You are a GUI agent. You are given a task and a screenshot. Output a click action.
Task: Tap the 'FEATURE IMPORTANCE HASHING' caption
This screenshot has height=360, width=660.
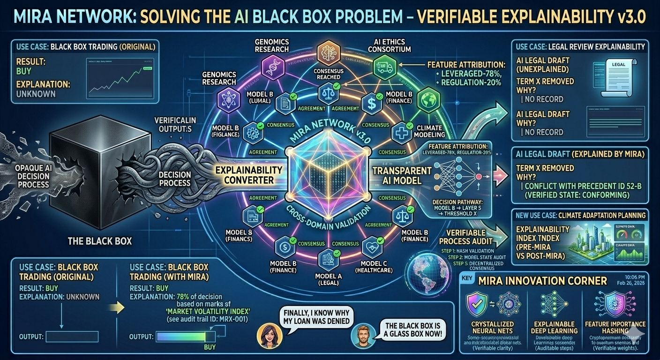tap(615, 328)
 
